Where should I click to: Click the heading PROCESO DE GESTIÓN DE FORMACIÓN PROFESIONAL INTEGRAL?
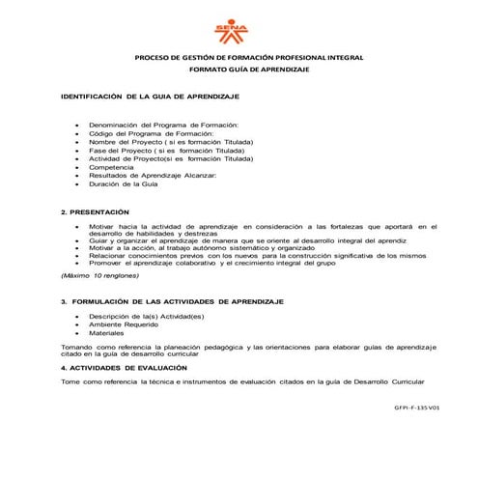(248, 58)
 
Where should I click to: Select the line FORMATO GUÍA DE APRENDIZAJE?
(248, 71)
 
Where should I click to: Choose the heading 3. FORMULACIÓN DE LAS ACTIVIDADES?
(171, 302)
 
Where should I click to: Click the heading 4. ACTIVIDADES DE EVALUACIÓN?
(125, 368)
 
